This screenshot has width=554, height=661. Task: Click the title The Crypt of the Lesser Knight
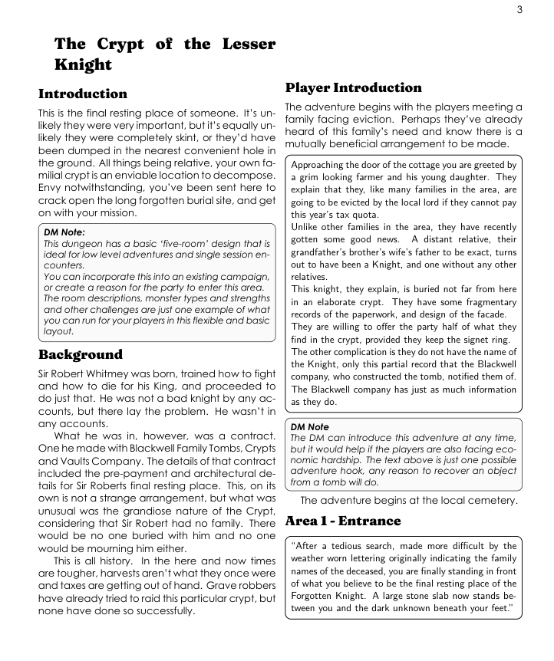(x=164, y=54)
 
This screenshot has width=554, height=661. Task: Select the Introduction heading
(x=83, y=94)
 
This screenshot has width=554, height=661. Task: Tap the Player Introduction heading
(x=354, y=87)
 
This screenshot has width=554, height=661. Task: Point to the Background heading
(x=81, y=354)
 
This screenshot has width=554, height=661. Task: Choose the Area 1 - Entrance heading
(x=343, y=521)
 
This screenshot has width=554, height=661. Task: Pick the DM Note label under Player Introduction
(x=309, y=426)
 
